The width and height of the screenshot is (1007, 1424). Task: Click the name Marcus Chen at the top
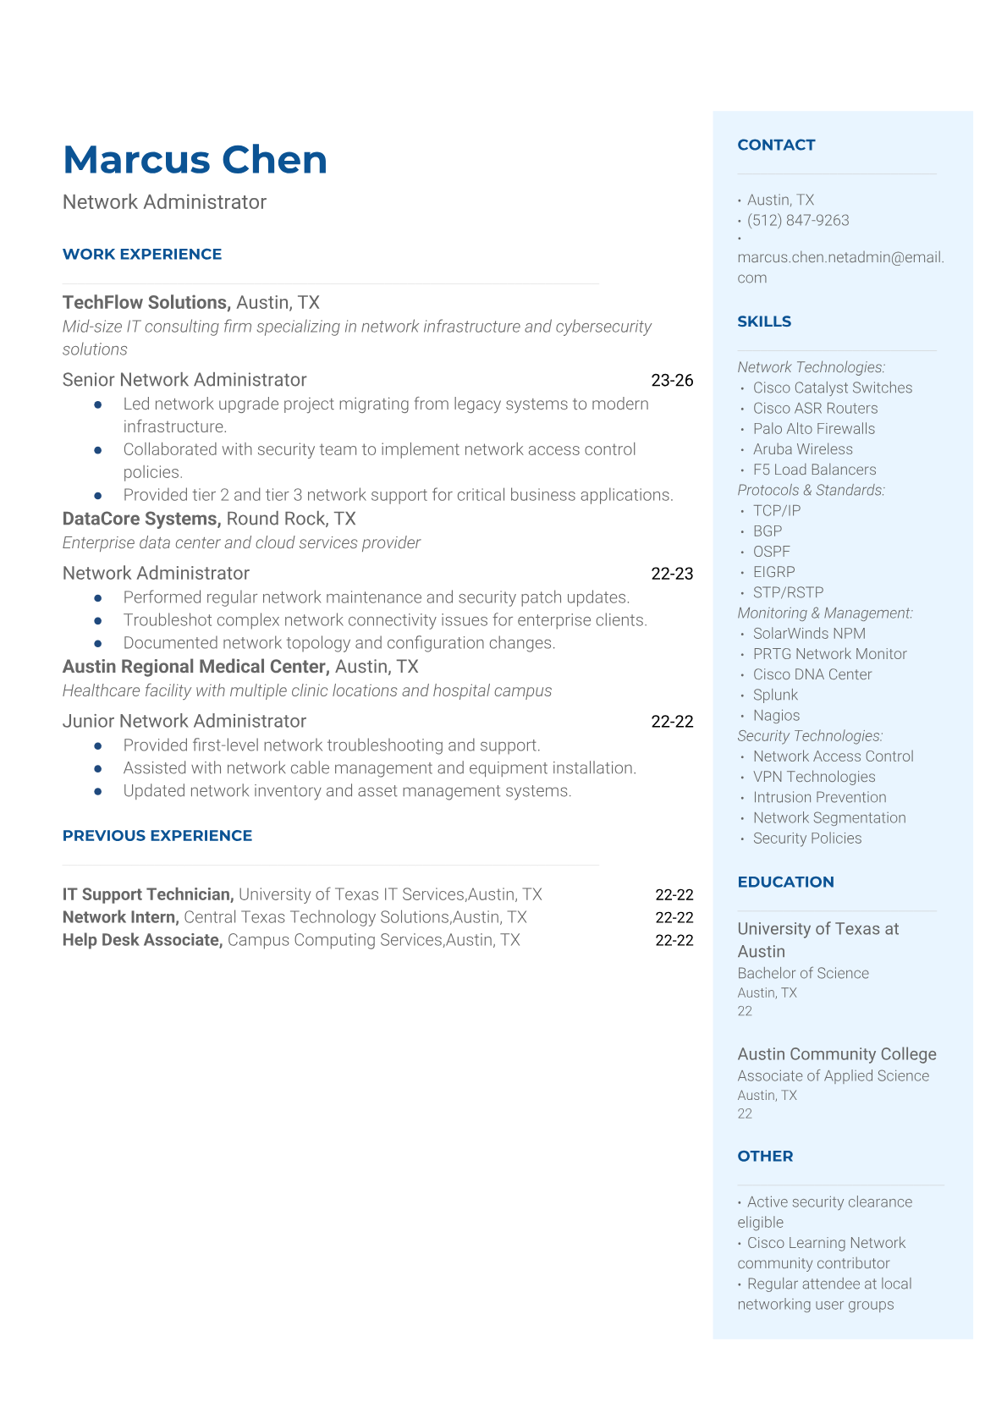pyautogui.click(x=195, y=160)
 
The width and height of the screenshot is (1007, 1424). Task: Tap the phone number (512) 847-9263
pyautogui.click(x=797, y=220)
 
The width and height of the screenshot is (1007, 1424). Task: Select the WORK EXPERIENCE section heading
pyautogui.click(x=142, y=254)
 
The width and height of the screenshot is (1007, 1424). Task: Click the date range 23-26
pyautogui.click(x=672, y=380)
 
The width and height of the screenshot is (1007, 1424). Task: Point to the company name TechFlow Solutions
pyautogui.click(x=146, y=302)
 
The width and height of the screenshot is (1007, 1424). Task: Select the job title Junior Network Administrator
pyautogui.click(x=184, y=721)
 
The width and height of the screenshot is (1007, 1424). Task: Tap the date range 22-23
pyautogui.click(x=672, y=574)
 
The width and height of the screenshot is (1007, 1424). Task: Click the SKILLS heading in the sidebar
pyautogui.click(x=764, y=322)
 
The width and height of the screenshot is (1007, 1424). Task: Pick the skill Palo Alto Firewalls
pyautogui.click(x=813, y=429)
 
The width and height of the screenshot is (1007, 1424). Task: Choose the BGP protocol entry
pyautogui.click(x=767, y=531)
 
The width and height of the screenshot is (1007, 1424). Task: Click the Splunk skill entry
pyautogui.click(x=775, y=695)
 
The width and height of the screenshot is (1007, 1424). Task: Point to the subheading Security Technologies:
pyautogui.click(x=810, y=736)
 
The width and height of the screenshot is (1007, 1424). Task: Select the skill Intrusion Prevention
pyautogui.click(x=819, y=797)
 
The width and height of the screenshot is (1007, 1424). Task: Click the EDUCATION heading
pyautogui.click(x=785, y=882)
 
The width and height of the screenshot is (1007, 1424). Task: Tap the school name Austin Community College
pyautogui.click(x=837, y=1054)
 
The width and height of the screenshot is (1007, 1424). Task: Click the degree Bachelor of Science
pyautogui.click(x=803, y=973)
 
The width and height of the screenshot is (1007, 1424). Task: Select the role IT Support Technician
pyautogui.click(x=147, y=894)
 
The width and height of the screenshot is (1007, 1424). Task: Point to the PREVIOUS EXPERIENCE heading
pyautogui.click(x=157, y=835)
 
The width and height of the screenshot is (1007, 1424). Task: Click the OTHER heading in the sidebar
pyautogui.click(x=765, y=1156)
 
